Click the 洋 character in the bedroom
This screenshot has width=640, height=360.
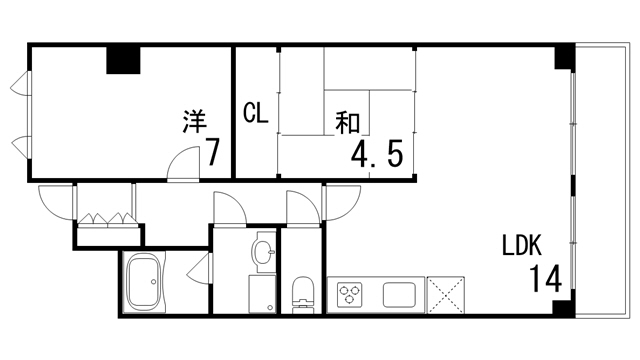pyautogui.click(x=195, y=122)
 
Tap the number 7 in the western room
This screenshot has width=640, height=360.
pyautogui.click(x=212, y=153)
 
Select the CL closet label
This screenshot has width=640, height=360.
pyautogui.click(x=256, y=114)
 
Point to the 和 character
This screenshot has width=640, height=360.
pyautogui.click(x=347, y=124)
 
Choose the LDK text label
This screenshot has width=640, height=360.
pyautogui.click(x=521, y=246)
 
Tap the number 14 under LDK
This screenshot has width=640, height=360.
pyautogui.click(x=538, y=277)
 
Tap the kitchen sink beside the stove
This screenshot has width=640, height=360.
pyautogui.click(x=398, y=295)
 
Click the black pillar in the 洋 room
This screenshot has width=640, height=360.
pyautogui.click(x=124, y=59)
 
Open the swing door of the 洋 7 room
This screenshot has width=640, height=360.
pyautogui.click(x=181, y=164)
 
